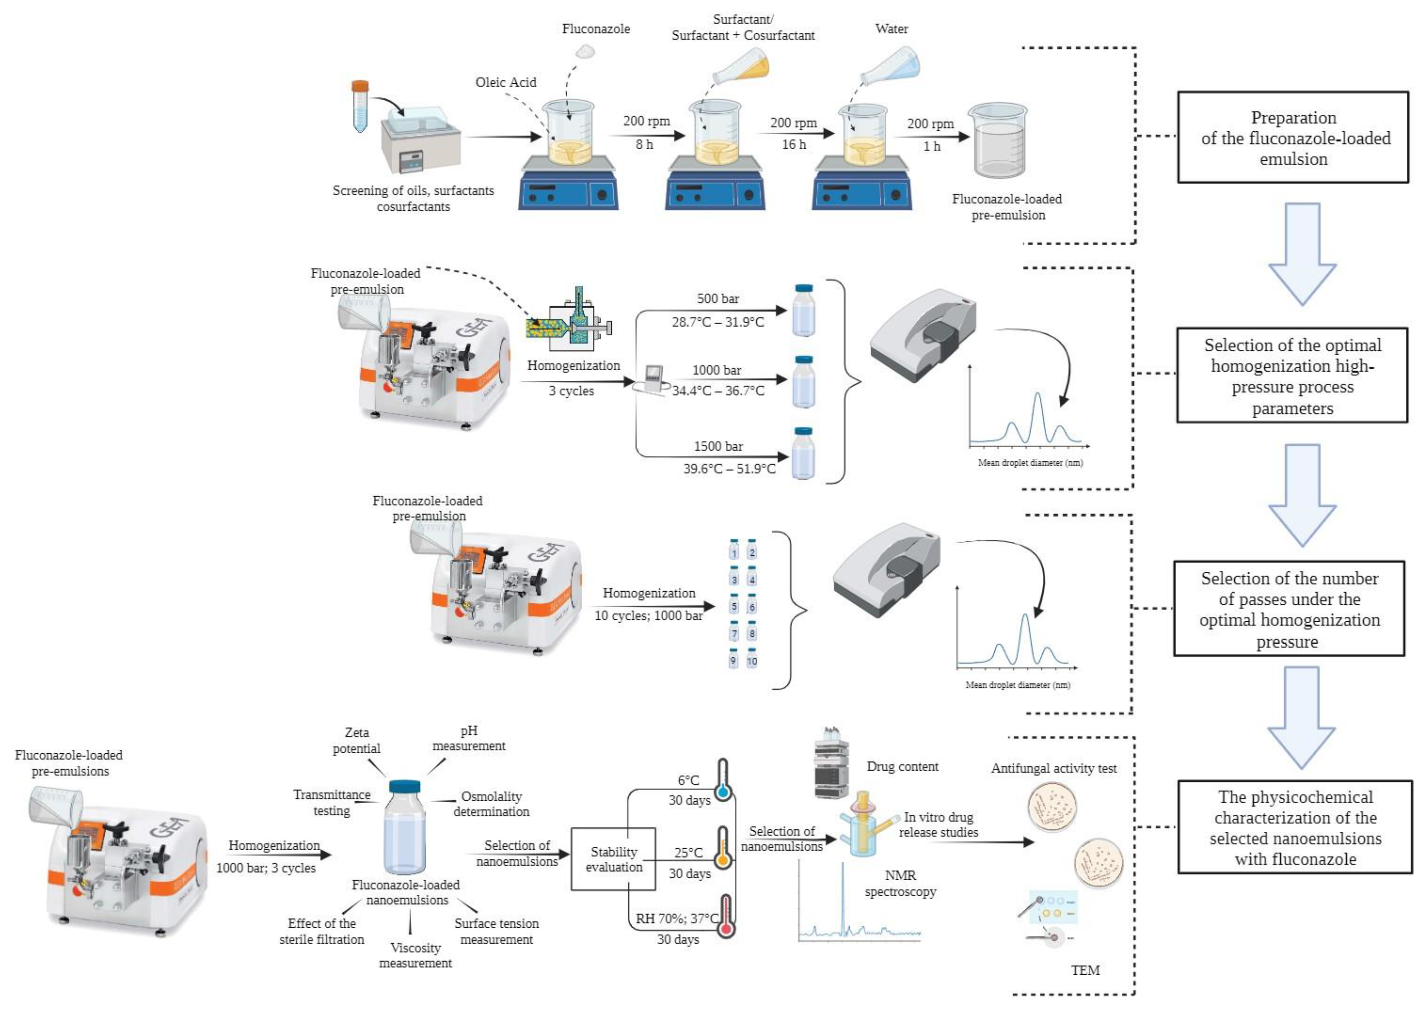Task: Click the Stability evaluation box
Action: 613,859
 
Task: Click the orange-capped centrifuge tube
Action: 360,106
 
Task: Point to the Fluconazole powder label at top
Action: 595,29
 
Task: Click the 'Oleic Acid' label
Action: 505,82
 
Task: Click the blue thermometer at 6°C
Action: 723,780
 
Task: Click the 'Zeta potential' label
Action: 357,740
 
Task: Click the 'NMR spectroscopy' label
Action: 900,883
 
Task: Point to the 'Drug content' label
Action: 902,767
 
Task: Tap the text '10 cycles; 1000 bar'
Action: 648,616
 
